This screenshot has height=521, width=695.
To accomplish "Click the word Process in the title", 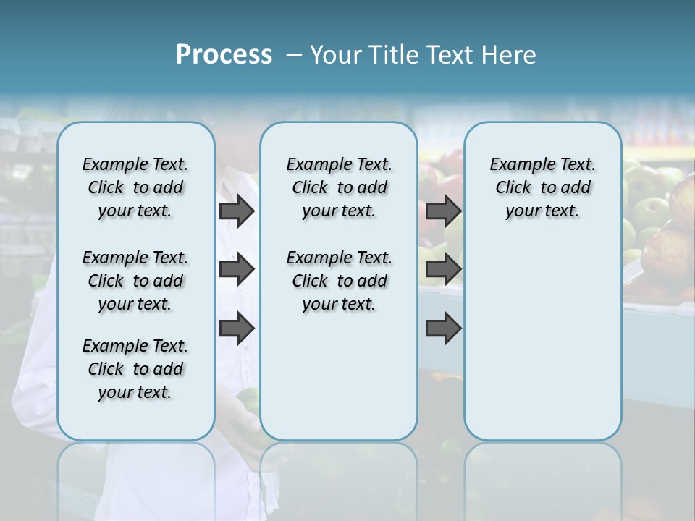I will [224, 54].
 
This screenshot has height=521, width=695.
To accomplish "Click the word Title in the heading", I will [393, 54].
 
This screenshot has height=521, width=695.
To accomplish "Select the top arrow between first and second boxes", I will [237, 211].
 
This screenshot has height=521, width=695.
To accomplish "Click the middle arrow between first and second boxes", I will [237, 269].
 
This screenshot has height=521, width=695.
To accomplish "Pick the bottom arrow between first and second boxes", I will [237, 329].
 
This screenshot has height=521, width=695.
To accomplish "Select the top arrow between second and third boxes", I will [443, 211].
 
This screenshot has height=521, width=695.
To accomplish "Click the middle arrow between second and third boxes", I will [443, 269].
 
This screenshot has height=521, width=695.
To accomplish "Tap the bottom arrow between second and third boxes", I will [443, 329].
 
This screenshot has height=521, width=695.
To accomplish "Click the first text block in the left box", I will [135, 187].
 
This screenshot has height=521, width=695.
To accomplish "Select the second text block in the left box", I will [135, 281].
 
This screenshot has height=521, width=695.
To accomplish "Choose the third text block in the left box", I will [135, 369].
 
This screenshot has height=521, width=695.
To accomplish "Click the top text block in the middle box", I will [339, 187].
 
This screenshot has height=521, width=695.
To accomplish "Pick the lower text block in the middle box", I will [339, 281].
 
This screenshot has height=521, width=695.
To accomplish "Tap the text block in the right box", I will [542, 187].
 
